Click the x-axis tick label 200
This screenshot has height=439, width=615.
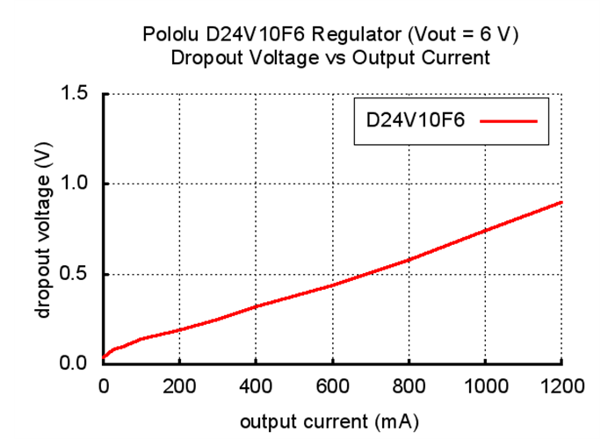(x=179, y=385)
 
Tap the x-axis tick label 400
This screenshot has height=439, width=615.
(x=256, y=385)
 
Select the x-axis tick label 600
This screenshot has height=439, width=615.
(x=332, y=385)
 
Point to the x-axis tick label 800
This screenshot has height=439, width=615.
(x=409, y=385)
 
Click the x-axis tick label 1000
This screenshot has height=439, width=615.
(x=485, y=385)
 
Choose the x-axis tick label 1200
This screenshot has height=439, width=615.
(x=561, y=385)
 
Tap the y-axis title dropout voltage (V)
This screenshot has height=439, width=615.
(x=42, y=230)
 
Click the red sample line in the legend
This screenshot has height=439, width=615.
(x=509, y=121)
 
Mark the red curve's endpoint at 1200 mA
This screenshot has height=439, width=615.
(x=561, y=202)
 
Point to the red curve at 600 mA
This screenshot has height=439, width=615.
(x=332, y=284)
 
